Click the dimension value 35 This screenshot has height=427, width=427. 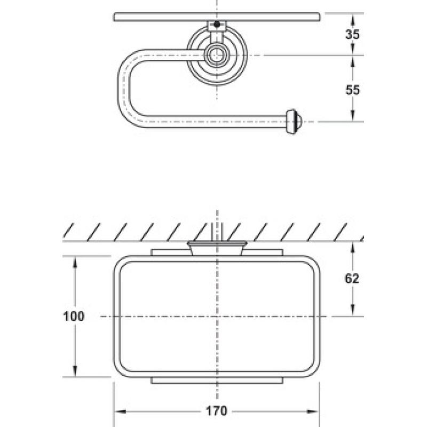[x=352, y=34]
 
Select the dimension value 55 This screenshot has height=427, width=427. [x=352, y=90]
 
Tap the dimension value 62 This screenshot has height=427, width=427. [x=352, y=278]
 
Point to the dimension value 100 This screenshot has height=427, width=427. [x=74, y=316]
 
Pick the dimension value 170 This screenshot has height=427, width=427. [x=217, y=411]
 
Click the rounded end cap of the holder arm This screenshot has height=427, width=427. [x=293, y=122]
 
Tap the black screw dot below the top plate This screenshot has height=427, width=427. [x=217, y=24]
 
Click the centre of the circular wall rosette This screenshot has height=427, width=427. [x=217, y=56]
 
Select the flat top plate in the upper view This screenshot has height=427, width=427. [x=217, y=17]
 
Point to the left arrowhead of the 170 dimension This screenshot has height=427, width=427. [x=120, y=411]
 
